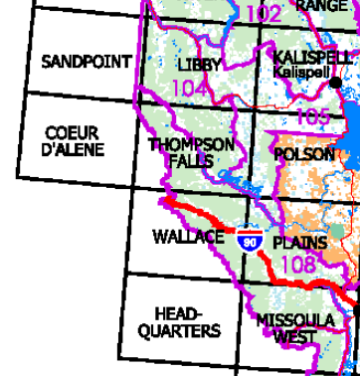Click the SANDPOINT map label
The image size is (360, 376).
pyautogui.click(x=86, y=62)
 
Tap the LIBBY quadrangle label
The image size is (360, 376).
pyautogui.click(x=200, y=65)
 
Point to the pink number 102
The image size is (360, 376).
pyautogui.click(x=263, y=13)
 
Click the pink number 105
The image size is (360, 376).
pyautogui.click(x=313, y=117)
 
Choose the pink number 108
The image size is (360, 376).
pyautogui.click(x=298, y=264)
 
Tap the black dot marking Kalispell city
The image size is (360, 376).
pyautogui.click(x=336, y=83)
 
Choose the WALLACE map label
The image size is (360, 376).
pyautogui.click(x=189, y=237)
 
